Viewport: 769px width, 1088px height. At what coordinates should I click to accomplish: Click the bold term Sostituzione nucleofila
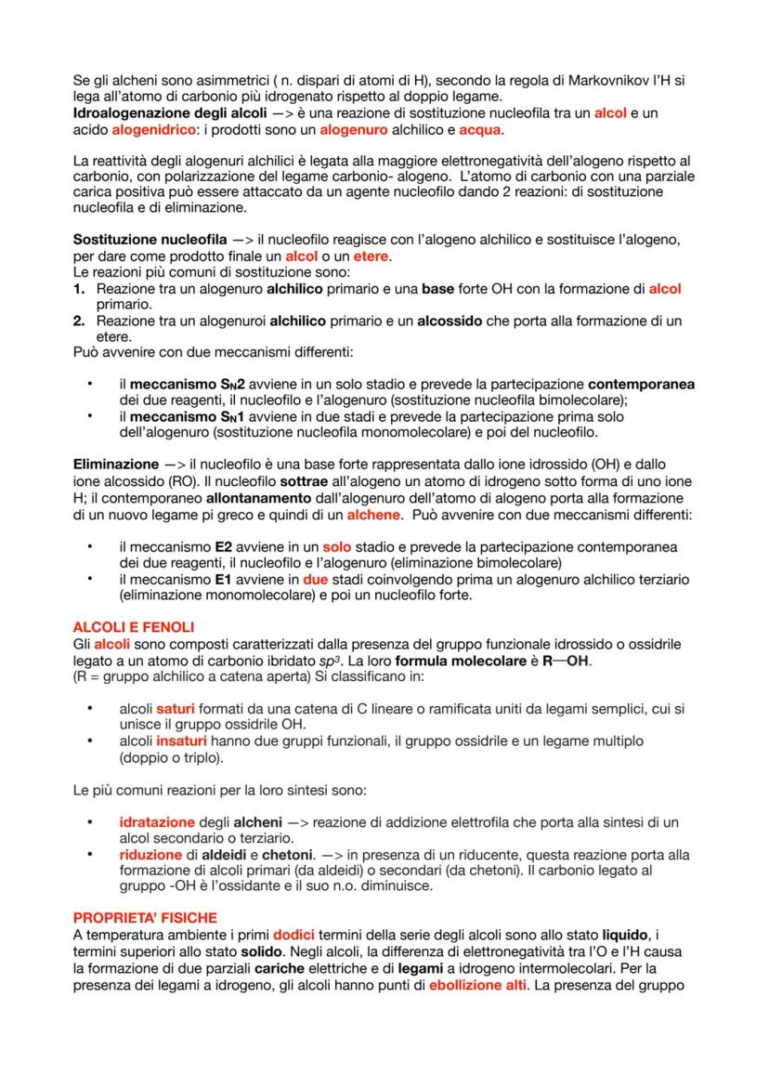coord(142,240)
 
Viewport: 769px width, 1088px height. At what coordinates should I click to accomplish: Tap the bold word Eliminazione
coord(115,463)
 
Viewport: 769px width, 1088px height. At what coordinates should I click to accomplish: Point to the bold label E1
coord(221,580)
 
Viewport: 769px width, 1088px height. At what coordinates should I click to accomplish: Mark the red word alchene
coord(371,514)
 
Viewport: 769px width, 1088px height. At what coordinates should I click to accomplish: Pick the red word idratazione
coord(157,822)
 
